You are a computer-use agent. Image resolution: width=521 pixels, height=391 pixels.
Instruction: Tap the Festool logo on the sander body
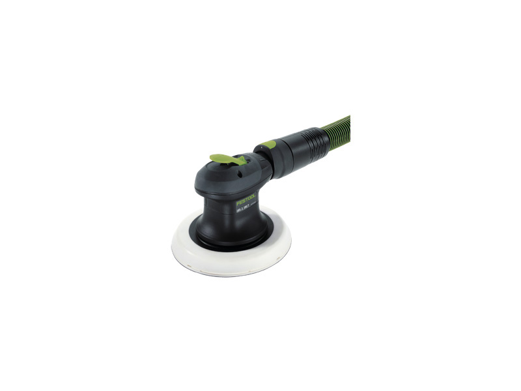point(246,197)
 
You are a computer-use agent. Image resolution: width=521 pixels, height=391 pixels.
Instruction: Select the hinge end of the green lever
point(241,160)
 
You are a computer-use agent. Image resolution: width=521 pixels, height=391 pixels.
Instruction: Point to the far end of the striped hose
point(348,121)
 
